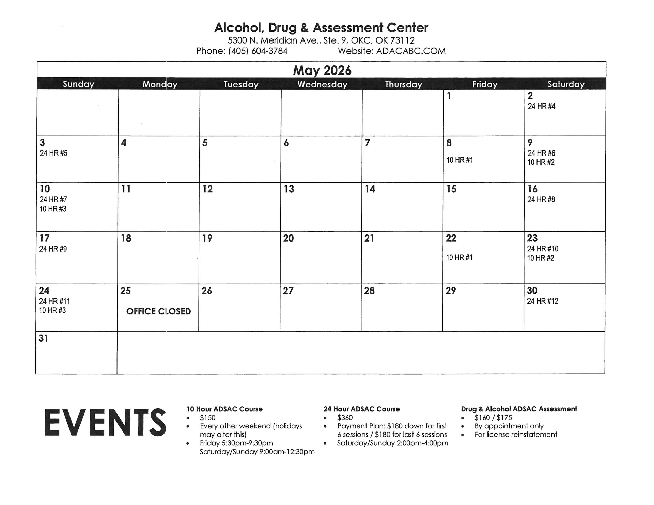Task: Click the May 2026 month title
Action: [x=322, y=70]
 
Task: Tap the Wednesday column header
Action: [x=322, y=84]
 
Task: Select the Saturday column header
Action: [x=566, y=84]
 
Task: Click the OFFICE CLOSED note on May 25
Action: [x=158, y=311]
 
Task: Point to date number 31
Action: [x=43, y=338]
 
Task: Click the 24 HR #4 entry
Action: [x=541, y=107]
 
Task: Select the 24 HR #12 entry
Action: [x=542, y=301]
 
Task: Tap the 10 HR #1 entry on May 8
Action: [x=460, y=160]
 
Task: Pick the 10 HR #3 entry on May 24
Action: [x=52, y=310]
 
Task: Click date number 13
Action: [x=289, y=189]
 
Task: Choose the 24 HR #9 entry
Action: [x=53, y=249]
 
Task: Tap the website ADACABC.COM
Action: [x=411, y=51]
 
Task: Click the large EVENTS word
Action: [x=105, y=423]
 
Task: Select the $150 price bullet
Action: [x=208, y=418]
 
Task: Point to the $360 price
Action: [x=345, y=418]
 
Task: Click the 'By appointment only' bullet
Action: [x=509, y=426]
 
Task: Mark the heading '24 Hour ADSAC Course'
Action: [x=361, y=409]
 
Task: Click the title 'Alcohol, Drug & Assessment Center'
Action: [x=321, y=28]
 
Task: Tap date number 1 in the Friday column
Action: [x=449, y=96]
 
